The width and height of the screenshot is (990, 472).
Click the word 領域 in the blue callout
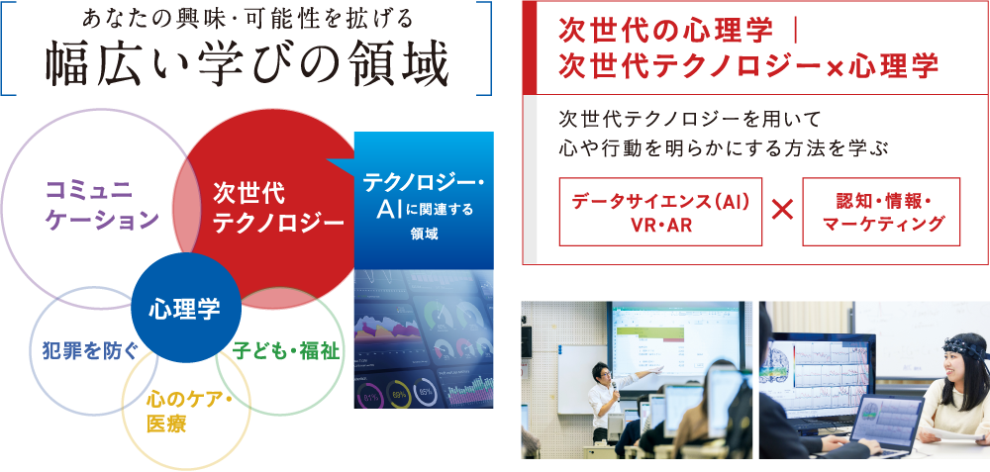click(424, 235)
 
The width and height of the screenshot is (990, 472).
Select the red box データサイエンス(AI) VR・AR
click(660, 212)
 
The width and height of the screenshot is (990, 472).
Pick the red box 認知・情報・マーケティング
click(881, 212)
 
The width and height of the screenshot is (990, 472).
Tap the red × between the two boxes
click(782, 212)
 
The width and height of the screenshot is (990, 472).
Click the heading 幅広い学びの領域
click(247, 65)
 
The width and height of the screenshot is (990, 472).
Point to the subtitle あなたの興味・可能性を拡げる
click(247, 18)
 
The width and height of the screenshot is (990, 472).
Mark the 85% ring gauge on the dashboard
click(426, 392)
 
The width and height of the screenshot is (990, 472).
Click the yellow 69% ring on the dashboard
click(398, 394)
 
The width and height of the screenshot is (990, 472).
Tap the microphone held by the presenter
click(613, 386)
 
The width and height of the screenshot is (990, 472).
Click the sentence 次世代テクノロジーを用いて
click(688, 119)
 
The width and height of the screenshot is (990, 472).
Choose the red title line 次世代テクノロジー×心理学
click(748, 65)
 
